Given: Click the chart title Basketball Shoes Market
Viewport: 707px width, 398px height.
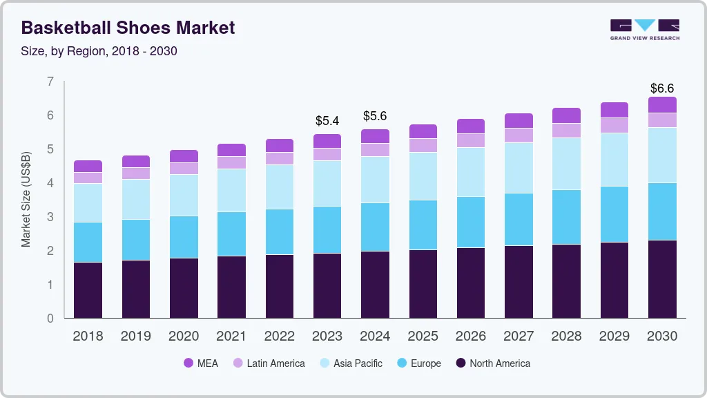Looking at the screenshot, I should point(128,28).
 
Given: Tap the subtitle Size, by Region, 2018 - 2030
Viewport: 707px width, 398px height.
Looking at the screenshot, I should point(99,51).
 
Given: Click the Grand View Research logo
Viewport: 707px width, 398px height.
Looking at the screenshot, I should point(644,29).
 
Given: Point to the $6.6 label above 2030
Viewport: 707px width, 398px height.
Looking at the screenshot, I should point(662,88).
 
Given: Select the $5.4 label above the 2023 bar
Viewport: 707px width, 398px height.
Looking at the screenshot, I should point(327,121).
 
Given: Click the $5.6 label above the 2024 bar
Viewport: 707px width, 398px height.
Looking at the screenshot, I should point(375,116).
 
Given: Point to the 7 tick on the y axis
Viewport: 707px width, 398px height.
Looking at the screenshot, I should point(50,82).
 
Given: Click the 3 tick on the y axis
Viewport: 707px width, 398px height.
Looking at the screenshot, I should point(50,217).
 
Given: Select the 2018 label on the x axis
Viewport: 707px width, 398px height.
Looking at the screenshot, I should point(88,337).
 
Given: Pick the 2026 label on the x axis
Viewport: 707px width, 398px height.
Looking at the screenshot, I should point(470,337).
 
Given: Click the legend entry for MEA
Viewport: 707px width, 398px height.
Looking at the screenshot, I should point(200,363).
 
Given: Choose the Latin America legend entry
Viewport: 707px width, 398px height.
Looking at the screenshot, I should point(269,363).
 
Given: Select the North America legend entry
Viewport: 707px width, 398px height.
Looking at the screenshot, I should point(492,363).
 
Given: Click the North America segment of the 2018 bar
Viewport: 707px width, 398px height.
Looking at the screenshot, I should point(88,290).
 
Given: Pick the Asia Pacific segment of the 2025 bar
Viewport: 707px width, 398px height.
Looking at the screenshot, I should point(423,176).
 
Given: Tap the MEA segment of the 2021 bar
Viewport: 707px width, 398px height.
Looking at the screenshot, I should point(231,150).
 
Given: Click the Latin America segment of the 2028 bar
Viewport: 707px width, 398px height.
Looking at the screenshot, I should point(567,131).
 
